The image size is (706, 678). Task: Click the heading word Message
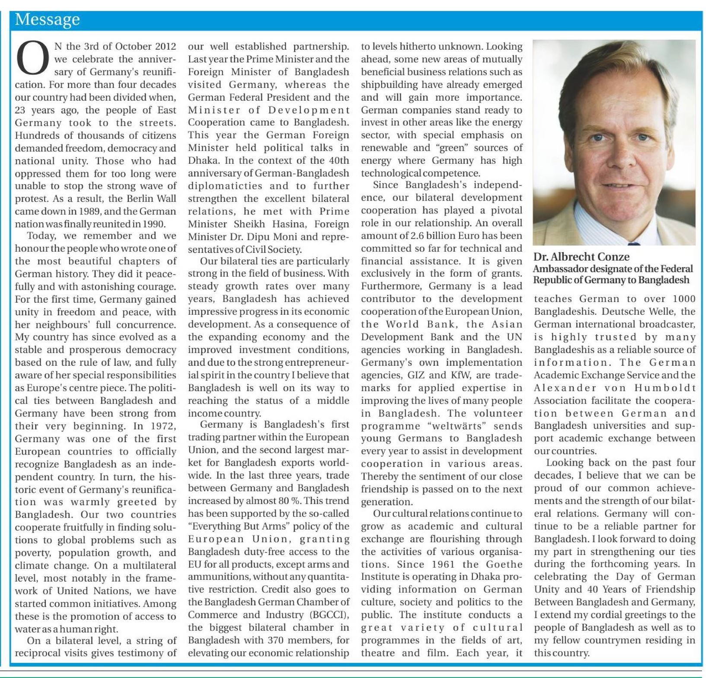[47, 19]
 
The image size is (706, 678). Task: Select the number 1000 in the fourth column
[684, 299]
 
